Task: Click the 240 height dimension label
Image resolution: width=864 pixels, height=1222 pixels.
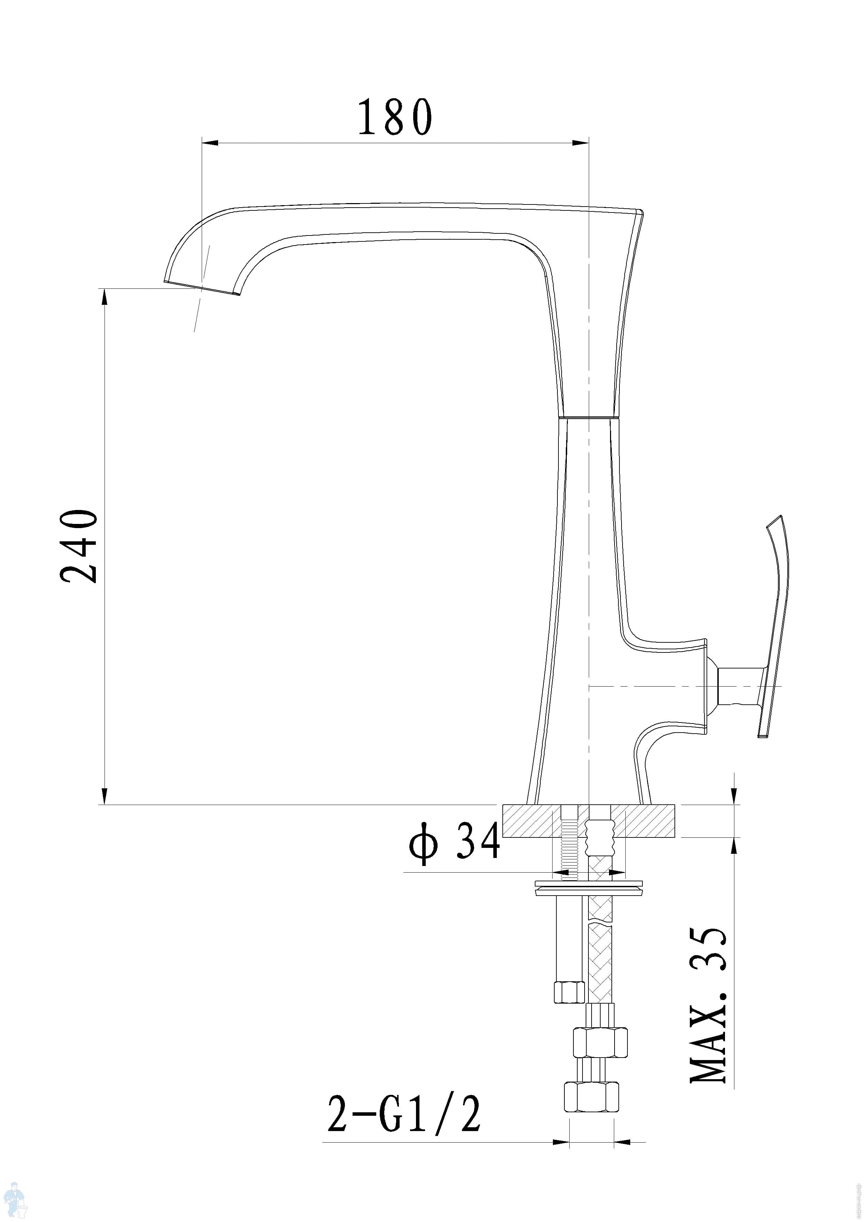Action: click(79, 547)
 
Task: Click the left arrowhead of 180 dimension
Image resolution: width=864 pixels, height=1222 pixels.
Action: click(210, 142)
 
